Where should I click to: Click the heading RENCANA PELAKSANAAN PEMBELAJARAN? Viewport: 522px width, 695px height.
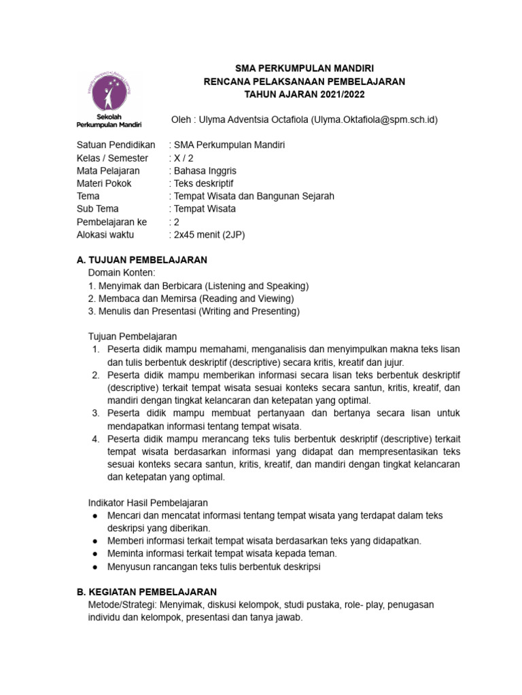[304, 81]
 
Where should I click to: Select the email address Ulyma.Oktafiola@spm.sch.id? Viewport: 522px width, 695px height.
[375, 120]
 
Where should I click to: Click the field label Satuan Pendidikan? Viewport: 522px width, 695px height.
[116, 145]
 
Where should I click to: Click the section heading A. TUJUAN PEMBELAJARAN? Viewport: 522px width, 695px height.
[142, 260]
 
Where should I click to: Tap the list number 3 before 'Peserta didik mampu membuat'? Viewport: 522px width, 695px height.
[96, 413]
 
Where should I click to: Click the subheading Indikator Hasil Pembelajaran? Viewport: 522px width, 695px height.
[148, 502]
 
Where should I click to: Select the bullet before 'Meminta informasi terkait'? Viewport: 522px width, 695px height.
[94, 554]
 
